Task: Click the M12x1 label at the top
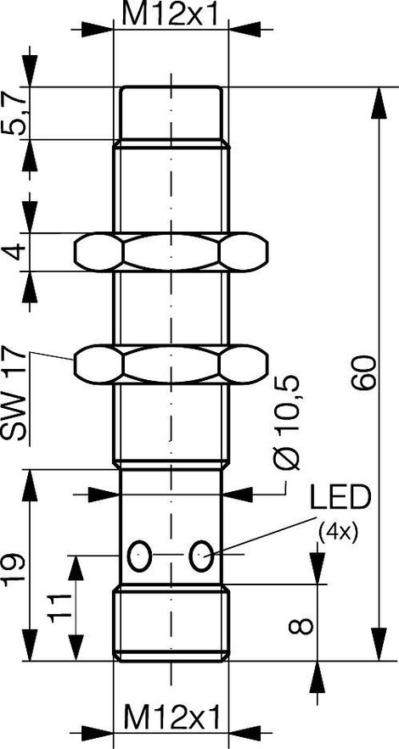(171, 14)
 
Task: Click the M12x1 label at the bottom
(173, 718)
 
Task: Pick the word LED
(340, 498)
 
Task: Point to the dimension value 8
(301, 626)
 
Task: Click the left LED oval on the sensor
(139, 556)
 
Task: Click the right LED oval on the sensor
(202, 556)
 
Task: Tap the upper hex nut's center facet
(171, 252)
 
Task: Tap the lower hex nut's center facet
(171, 365)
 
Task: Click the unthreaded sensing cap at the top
(171, 113)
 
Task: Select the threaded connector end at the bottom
(171, 623)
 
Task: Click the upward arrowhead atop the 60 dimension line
(378, 103)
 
